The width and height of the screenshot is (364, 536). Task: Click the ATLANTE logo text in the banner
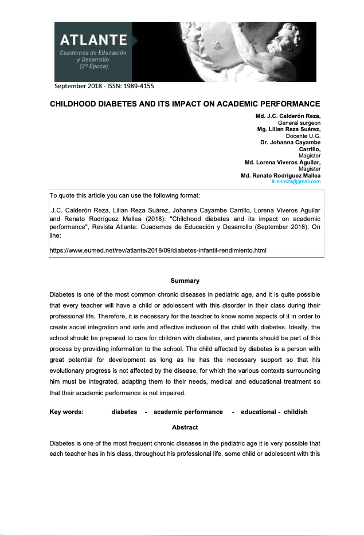(93, 40)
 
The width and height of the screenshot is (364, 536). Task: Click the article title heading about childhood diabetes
(185, 104)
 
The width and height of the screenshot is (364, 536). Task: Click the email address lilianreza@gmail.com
(296, 182)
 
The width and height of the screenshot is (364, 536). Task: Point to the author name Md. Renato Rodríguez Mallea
(281, 175)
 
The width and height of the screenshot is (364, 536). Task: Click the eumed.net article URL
(158, 250)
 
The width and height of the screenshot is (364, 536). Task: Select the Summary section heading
(185, 281)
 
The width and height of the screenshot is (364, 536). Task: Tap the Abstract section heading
(185, 427)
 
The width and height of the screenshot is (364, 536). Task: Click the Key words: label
(67, 412)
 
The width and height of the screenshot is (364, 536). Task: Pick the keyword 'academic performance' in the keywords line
(188, 412)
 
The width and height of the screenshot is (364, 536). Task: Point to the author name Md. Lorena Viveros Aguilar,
(283, 162)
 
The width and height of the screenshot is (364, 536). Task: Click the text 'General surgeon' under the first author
(299, 123)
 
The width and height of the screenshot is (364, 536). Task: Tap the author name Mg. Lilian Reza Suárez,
(289, 129)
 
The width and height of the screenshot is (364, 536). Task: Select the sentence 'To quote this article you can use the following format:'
(125, 196)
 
